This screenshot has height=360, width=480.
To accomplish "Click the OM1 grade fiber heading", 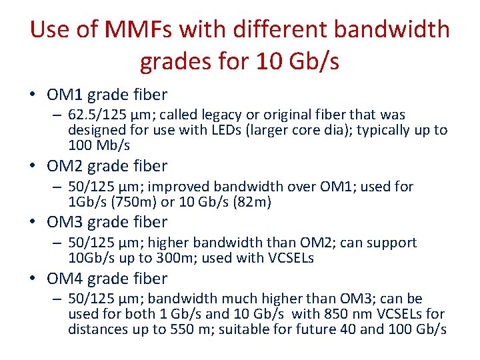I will coord(107,95).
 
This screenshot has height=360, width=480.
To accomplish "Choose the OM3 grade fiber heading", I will coord(107,222).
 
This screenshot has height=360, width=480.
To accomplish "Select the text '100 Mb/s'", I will coord(99,145).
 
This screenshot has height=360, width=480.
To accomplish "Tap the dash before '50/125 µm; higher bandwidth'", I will coord(58,243).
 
